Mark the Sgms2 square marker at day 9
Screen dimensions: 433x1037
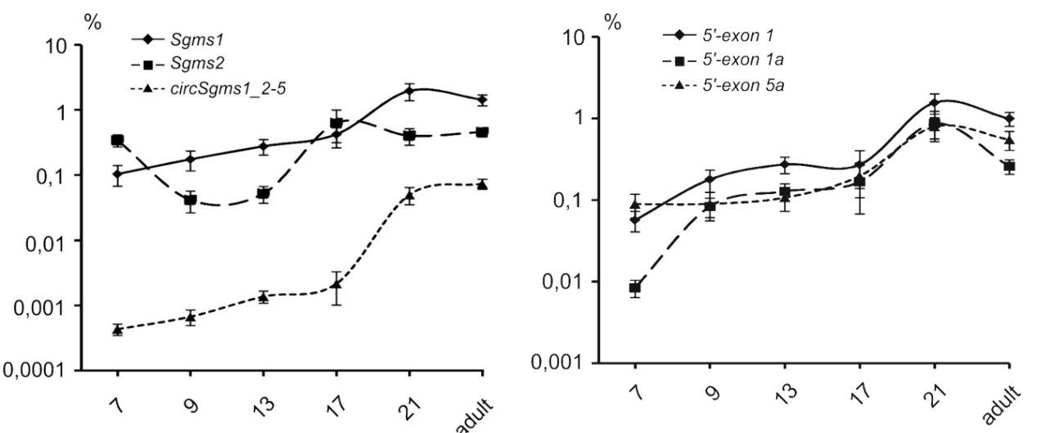[191, 200]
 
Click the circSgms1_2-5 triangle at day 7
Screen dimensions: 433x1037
[118, 330]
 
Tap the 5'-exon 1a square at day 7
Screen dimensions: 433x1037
[635, 287]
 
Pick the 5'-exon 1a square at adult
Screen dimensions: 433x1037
[1009, 166]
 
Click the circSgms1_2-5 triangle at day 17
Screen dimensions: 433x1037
[336, 283]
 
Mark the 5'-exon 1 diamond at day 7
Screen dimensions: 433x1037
[635, 219]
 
